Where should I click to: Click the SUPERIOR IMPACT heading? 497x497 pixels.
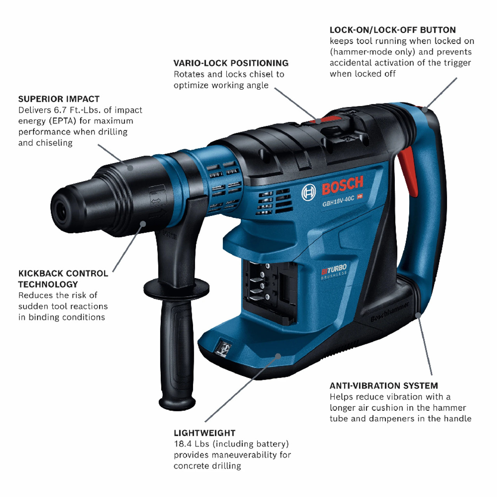coord(59,99)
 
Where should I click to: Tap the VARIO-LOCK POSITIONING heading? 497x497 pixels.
coord(231,63)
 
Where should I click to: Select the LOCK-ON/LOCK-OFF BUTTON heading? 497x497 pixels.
coord(392,30)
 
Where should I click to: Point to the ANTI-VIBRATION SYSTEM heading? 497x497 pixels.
coord(383,386)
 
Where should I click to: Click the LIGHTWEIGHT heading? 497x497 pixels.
coord(204,433)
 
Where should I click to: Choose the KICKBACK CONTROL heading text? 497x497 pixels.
coord(63,274)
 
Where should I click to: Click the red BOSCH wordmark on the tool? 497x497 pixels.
coord(342,185)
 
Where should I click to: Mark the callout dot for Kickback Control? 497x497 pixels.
coord(143,224)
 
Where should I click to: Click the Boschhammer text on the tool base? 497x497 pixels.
coord(389,312)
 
